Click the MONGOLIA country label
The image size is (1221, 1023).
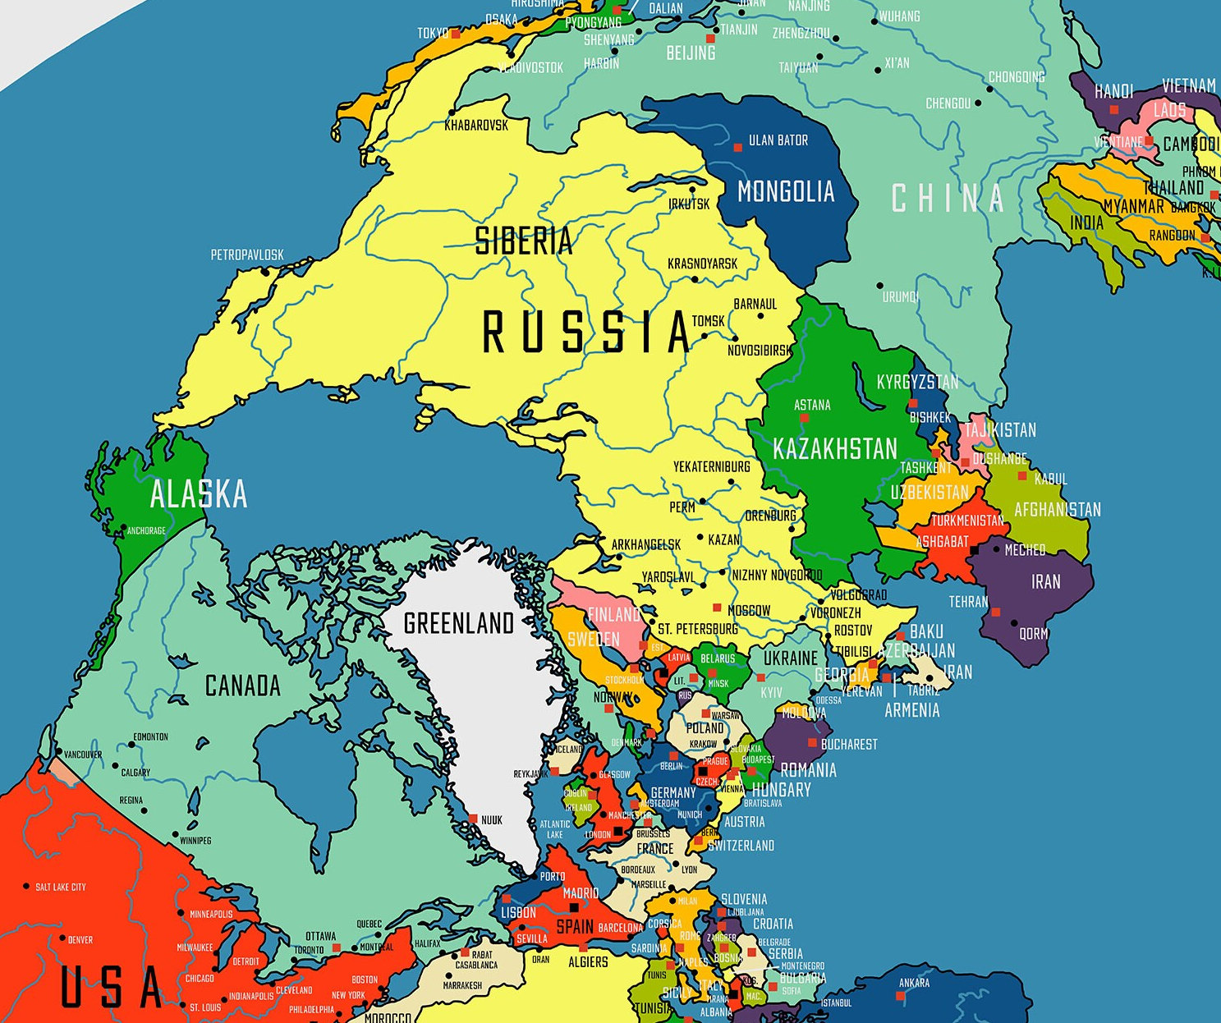click(x=786, y=192)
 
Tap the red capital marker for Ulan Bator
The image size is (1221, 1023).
click(x=737, y=148)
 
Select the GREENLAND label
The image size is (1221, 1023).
click(x=458, y=623)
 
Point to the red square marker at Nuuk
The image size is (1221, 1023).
click(x=473, y=819)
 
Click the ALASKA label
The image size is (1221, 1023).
click(x=199, y=494)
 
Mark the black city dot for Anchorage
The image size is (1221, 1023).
click(x=123, y=527)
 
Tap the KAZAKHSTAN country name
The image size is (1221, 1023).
click(x=835, y=449)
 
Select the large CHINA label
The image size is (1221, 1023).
click(x=948, y=199)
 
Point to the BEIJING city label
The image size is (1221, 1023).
click(x=691, y=53)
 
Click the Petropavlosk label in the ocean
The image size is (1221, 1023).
click(x=247, y=255)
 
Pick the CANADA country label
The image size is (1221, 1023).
click(x=242, y=686)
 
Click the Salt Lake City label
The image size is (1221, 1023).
click(x=61, y=887)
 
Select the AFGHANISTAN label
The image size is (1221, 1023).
click(x=1057, y=510)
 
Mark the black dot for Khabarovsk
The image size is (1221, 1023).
click(x=451, y=112)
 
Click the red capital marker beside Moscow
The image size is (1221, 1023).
click(x=717, y=608)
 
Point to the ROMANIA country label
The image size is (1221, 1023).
click(x=808, y=770)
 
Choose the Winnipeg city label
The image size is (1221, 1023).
click(x=195, y=840)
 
